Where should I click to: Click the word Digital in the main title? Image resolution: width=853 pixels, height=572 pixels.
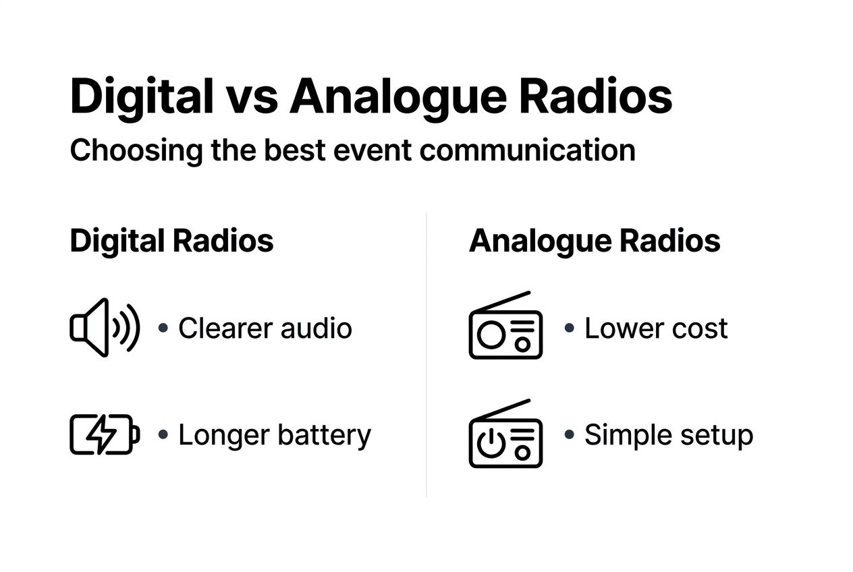pyautogui.click(x=141, y=96)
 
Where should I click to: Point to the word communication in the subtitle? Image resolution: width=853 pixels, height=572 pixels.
pyautogui.click(x=527, y=150)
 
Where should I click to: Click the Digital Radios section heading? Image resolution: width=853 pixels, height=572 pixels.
pyautogui.click(x=171, y=241)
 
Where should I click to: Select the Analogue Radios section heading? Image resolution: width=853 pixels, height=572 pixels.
pyautogui.click(x=595, y=241)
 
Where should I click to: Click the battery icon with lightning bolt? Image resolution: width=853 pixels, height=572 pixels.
pyautogui.click(x=105, y=434)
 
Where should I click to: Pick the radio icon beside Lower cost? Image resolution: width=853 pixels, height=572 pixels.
pyautogui.click(x=505, y=326)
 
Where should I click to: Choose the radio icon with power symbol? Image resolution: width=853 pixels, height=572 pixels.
pyautogui.click(x=505, y=434)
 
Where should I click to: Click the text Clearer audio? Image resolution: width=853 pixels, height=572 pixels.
pyautogui.click(x=265, y=328)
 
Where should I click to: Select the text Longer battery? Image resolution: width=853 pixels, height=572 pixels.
pyautogui.click(x=274, y=435)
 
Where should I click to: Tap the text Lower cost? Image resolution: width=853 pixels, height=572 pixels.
pyautogui.click(x=655, y=328)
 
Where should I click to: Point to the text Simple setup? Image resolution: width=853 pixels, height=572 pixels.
pyautogui.click(x=668, y=435)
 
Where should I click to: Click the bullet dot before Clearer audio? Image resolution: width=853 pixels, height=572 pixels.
pyautogui.click(x=163, y=328)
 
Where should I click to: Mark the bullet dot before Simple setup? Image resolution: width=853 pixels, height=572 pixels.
pyautogui.click(x=569, y=434)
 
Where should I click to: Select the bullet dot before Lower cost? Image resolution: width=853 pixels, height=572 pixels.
pyautogui.click(x=569, y=328)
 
